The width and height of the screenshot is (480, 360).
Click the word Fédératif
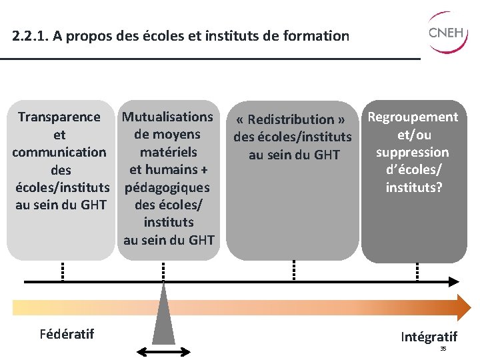point(66,333)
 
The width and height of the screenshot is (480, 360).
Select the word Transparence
point(59,117)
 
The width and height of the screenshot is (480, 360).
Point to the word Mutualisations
point(168,117)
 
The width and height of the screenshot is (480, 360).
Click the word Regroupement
point(413,117)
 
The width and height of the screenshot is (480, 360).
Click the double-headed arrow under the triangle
point(163,351)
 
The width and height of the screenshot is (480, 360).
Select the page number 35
point(443,349)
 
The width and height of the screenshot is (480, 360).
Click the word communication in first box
point(59,152)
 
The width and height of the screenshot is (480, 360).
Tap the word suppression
point(413,152)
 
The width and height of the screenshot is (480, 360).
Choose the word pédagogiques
point(167,187)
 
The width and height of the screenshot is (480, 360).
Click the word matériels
point(168,152)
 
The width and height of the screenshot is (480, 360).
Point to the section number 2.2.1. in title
point(30,36)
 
